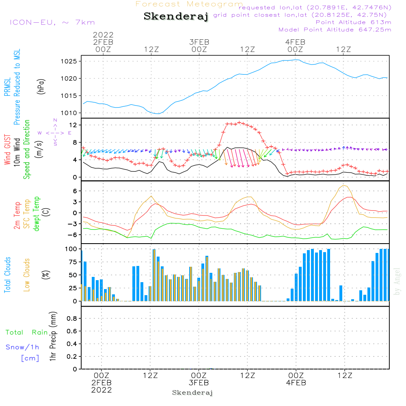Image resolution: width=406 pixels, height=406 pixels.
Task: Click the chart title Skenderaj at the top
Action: click(176, 17)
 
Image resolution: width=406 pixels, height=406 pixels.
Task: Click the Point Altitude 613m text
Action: click(353, 22)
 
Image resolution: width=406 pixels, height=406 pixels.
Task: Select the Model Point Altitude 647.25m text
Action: click(335, 30)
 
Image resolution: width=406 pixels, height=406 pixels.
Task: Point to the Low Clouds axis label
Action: click(27, 275)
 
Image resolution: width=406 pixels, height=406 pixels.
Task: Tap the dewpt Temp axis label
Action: click(37, 214)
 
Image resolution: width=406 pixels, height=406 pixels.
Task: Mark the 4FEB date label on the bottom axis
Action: click(296, 383)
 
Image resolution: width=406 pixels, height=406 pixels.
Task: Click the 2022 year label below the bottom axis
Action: click(101, 390)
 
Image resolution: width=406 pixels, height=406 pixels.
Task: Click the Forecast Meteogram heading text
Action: click(189, 4)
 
